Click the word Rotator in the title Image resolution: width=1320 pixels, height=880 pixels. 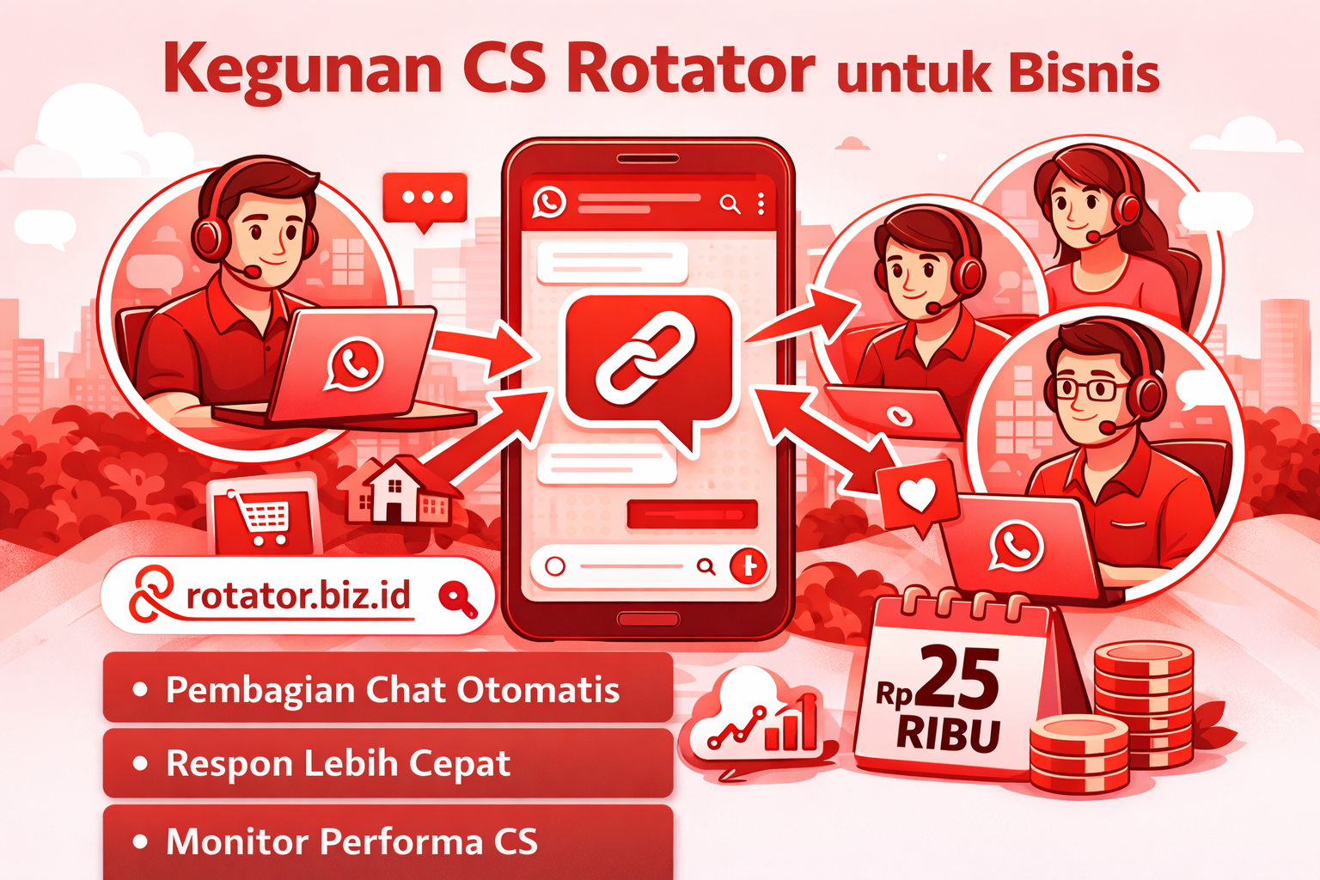[690, 69]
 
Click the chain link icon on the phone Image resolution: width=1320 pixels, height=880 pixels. [645, 357]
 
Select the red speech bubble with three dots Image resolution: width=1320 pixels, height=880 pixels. [425, 199]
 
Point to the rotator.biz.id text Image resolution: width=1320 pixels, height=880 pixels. [297, 595]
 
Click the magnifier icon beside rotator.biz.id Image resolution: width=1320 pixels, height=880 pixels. [456, 598]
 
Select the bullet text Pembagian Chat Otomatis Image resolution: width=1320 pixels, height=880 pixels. [392, 689]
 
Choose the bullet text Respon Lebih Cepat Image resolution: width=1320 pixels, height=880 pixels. [338, 763]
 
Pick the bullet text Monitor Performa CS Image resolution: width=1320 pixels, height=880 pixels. [351, 841]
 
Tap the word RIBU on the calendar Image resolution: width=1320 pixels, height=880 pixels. [949, 735]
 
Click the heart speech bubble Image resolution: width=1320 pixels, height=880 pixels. [916, 495]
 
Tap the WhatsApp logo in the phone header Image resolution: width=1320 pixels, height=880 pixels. [549, 202]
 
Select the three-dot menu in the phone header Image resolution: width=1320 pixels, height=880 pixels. [761, 204]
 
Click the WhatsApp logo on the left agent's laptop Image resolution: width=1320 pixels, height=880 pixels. [354, 364]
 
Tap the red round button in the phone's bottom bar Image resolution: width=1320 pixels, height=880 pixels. [748, 566]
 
